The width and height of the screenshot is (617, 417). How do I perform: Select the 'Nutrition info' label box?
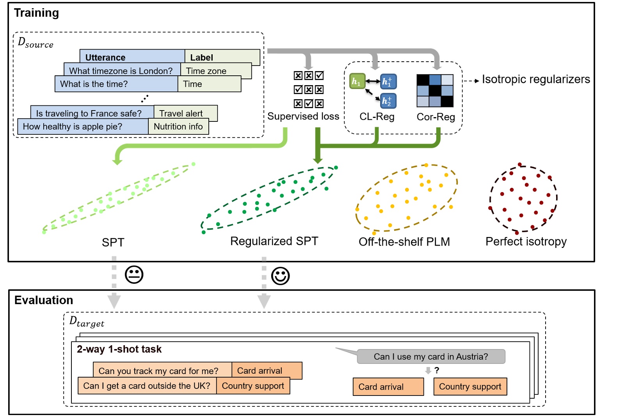click(x=178, y=127)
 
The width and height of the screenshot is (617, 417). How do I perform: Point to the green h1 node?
click(x=357, y=81)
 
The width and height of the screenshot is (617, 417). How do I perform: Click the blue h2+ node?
click(x=388, y=101)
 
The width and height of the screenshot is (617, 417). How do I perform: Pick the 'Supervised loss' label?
click(x=303, y=116)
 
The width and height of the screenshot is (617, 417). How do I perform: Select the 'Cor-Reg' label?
click(x=436, y=117)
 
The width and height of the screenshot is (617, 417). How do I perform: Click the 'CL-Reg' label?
click(x=377, y=117)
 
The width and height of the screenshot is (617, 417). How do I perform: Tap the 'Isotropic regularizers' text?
click(x=535, y=79)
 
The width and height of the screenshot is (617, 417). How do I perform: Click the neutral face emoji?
click(x=134, y=275)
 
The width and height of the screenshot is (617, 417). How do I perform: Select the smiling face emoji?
click(x=280, y=276)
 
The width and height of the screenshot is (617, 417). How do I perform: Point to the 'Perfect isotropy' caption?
click(x=526, y=241)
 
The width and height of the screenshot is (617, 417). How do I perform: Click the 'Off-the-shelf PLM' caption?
click(x=404, y=242)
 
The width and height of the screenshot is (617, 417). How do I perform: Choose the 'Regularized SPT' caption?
click(x=274, y=241)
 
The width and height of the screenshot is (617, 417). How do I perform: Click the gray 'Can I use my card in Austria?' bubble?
click(x=430, y=356)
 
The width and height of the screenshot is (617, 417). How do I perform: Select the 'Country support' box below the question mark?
click(x=470, y=387)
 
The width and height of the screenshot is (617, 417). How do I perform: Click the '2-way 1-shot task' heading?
click(x=119, y=349)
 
